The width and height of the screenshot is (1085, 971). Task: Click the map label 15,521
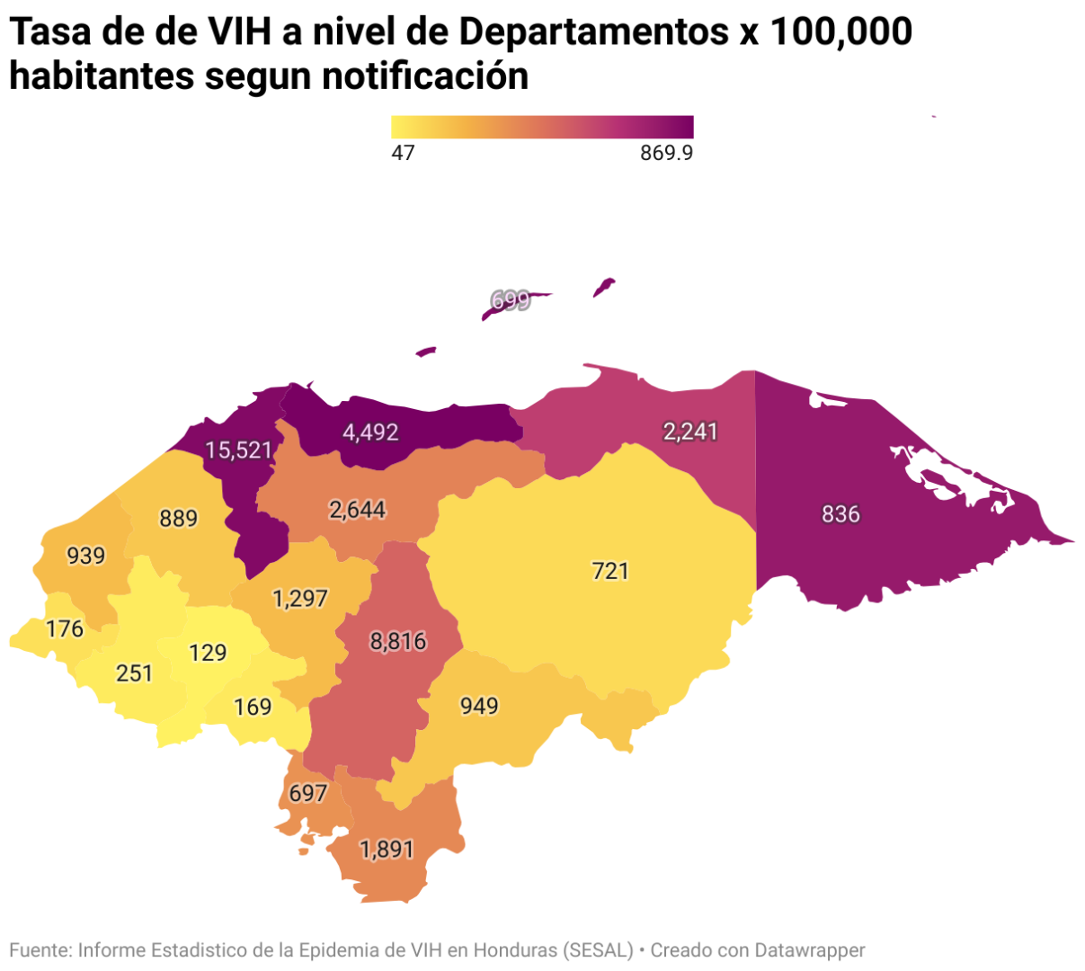coord(238,450)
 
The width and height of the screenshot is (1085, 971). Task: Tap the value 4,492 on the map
coord(370,432)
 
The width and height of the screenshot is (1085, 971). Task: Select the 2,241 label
coord(690,432)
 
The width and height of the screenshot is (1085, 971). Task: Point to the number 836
coord(840,514)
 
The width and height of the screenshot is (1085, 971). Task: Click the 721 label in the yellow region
coord(610,571)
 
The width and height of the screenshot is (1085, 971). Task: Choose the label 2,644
coord(357,510)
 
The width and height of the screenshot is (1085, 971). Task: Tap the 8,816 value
coord(398,641)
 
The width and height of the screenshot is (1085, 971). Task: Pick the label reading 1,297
coord(300,598)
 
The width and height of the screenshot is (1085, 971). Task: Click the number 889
coord(178,519)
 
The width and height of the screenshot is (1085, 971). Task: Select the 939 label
coord(86,556)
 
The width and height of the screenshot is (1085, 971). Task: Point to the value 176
coord(65,628)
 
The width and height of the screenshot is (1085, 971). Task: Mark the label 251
coord(135,673)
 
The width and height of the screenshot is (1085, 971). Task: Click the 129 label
coord(208,652)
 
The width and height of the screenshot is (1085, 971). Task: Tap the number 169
coord(253,708)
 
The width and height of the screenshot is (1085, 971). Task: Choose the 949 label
coord(479,706)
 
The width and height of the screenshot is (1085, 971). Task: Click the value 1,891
coord(387,849)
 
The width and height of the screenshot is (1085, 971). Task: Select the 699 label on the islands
coord(511,300)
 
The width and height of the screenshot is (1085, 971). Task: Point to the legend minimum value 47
coord(403,153)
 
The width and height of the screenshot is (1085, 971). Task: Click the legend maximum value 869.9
coord(666,153)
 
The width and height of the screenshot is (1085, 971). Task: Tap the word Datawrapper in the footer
coord(809,950)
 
